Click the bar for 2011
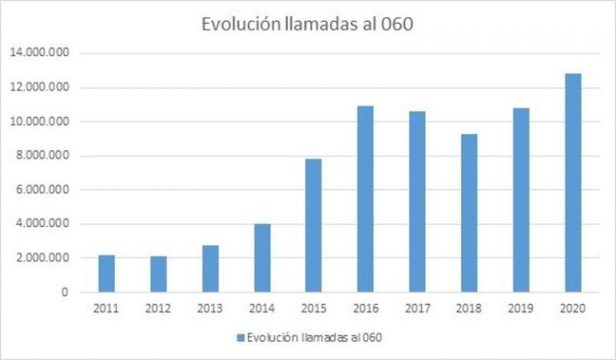point(107,273)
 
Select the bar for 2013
point(210,269)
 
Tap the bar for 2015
point(314,225)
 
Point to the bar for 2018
point(469,212)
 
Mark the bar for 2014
point(262,257)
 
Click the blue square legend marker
point(240,338)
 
